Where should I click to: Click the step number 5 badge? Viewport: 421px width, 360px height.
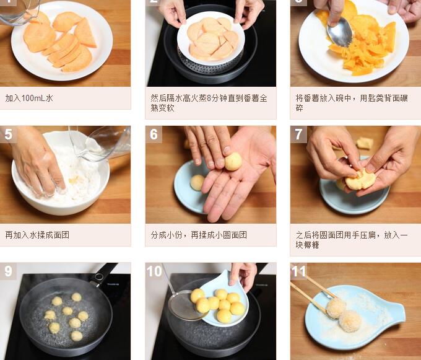coord(8,134)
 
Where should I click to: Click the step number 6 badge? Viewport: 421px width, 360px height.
coord(154,134)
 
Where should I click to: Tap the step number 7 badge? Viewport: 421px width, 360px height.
coord(298,134)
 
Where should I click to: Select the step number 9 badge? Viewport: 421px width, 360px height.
coord(8,271)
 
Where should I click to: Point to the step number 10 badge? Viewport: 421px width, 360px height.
coord(154,271)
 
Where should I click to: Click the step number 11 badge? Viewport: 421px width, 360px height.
coord(299,271)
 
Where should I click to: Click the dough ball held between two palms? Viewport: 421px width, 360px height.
coord(233,162)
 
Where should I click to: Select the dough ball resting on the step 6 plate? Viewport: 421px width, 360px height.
coord(197,182)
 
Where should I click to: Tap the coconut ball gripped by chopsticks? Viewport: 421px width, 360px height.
coord(336,307)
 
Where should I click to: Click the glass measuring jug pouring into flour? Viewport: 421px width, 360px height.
coord(101,143)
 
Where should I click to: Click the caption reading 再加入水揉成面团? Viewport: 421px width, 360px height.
coord(37,235)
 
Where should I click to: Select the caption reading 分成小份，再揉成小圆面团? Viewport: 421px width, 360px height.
coord(199,235)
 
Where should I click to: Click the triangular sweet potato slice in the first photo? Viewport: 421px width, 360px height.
coord(85,33)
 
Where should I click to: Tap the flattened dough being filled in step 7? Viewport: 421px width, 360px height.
coord(360,180)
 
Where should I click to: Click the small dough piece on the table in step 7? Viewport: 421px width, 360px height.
coord(365,143)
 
